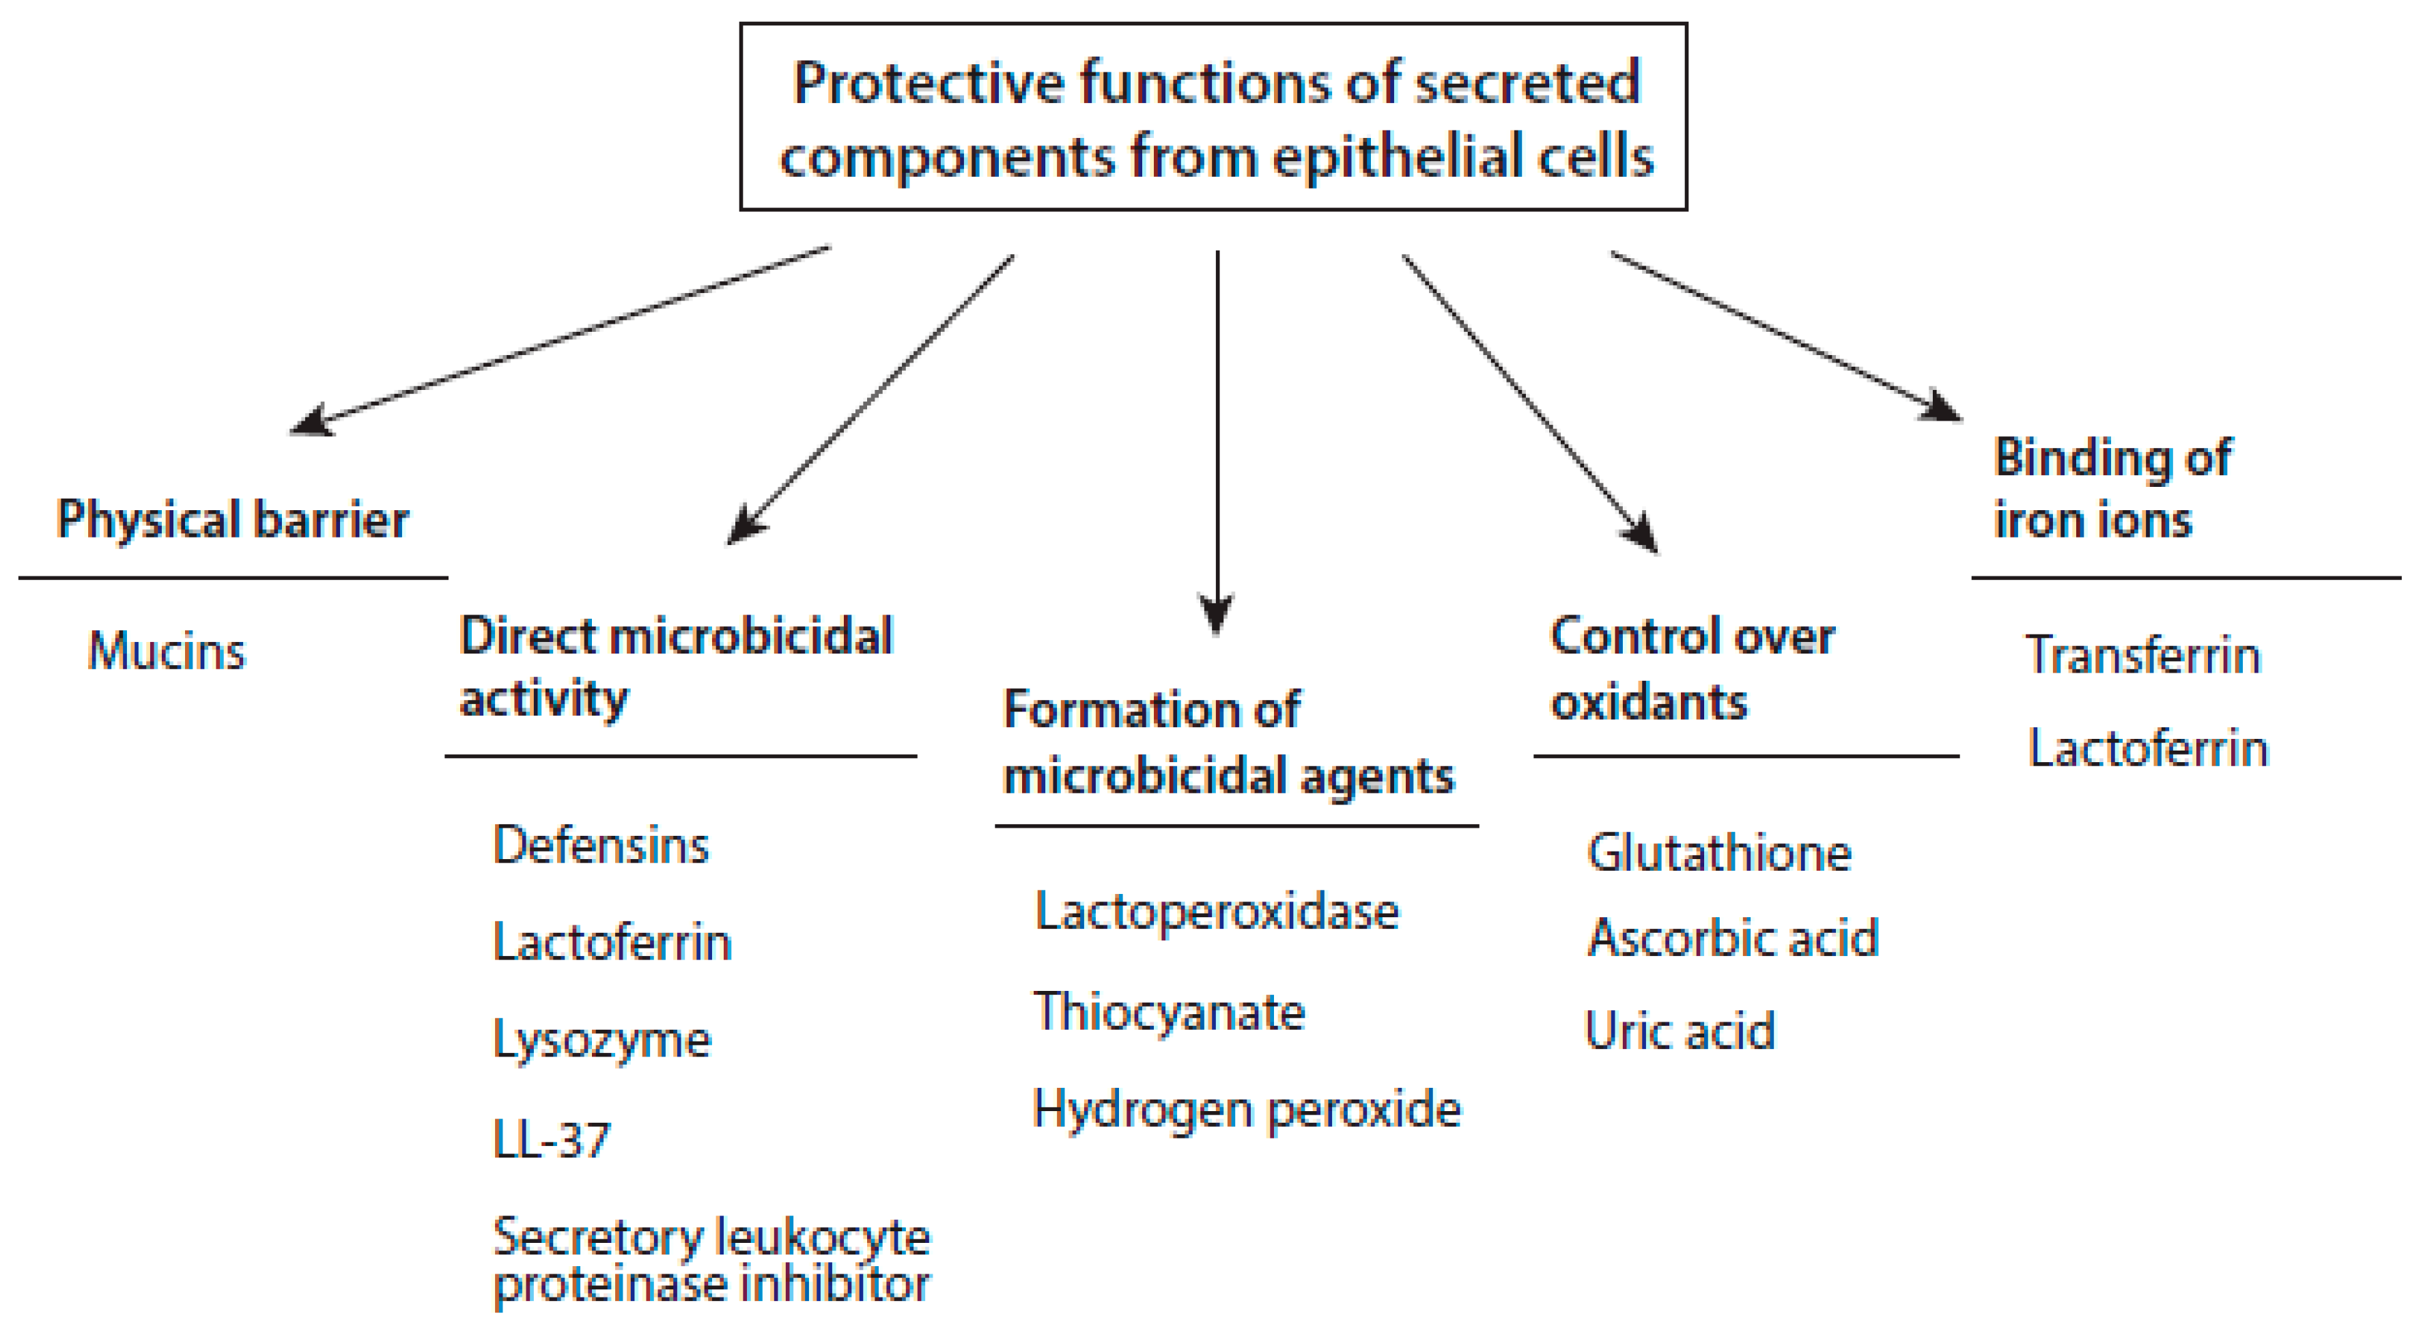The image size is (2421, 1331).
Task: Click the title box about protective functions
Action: pos(1213,117)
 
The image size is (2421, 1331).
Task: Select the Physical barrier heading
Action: pos(232,520)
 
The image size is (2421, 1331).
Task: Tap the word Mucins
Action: pos(167,650)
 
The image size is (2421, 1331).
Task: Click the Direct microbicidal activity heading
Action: pos(675,667)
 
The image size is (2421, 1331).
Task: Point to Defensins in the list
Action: pos(601,845)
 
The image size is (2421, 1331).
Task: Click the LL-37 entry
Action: pos(552,1139)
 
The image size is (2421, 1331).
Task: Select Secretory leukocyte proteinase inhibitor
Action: pos(711,1259)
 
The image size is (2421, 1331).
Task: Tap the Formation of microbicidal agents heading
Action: pos(1228,742)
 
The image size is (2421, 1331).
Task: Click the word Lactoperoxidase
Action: pos(1216,912)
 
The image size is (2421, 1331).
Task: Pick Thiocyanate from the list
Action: pos(1169,1012)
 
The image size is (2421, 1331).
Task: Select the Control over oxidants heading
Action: pos(1692,669)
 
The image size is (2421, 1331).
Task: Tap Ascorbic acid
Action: pos(1733,938)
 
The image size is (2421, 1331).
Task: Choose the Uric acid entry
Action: pos(1680,1031)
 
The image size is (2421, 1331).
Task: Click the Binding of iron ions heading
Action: pos(2112,489)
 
